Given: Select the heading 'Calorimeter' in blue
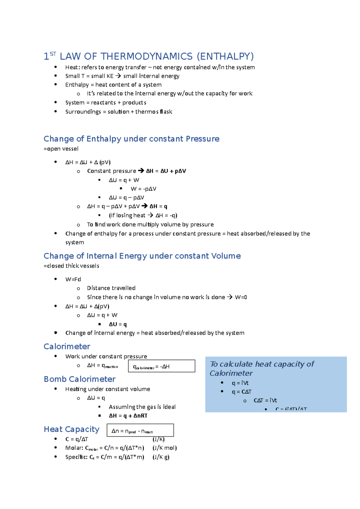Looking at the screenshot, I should click(67, 347).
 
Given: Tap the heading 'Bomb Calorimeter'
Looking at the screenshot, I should click(79, 379).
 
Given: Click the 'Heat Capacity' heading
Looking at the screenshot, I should click(71, 429).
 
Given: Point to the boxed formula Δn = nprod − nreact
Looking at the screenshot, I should click(140, 430).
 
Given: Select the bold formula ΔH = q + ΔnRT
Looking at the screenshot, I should click(128, 416).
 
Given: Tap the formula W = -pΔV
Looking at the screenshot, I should click(143, 189).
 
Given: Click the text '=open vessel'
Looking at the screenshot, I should click(61, 149).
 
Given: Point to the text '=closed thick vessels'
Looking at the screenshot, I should click(71, 266).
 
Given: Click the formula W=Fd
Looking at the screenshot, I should click(73, 279).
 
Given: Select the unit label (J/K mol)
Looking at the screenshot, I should click(164, 448).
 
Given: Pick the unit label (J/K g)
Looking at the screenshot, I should click(161, 457).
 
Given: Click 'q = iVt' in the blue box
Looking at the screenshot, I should click(240, 383).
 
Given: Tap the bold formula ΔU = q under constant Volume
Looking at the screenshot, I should click(118, 324).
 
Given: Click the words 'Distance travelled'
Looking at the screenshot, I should click(111, 288).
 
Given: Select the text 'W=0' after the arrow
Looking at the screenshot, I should click(241, 297).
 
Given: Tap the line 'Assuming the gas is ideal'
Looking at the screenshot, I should click(142, 407).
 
